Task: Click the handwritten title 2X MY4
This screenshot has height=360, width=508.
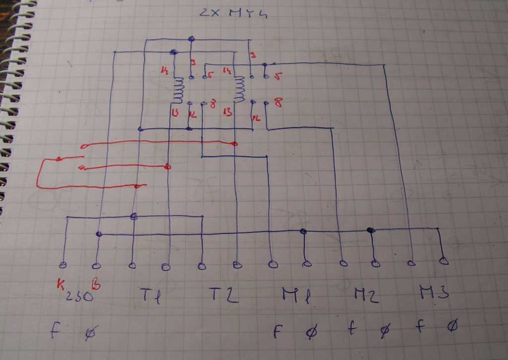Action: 233,12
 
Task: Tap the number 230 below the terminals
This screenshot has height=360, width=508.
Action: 80,296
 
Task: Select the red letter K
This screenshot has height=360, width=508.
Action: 61,285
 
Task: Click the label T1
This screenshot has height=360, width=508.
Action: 147,295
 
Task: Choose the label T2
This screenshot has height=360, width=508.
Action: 223,295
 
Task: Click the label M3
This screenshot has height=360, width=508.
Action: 435,292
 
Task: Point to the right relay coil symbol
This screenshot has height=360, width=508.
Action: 240,89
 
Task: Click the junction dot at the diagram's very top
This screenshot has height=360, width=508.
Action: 191,39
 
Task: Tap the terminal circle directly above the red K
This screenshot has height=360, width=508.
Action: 63,264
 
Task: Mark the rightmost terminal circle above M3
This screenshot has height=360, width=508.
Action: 444,260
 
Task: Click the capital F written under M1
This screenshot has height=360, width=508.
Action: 278,331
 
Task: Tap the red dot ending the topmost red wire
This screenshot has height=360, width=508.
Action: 235,144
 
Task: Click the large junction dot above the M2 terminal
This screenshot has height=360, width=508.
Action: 370,230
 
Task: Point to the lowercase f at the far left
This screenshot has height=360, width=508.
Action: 55,330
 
